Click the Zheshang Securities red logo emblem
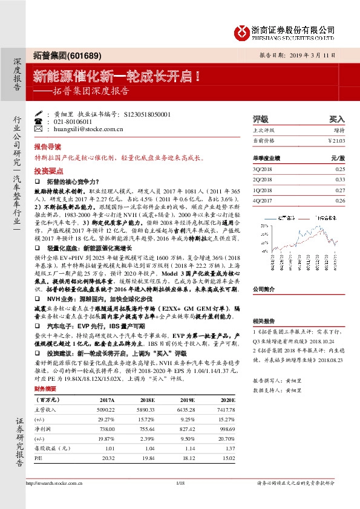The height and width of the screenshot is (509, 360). [x=242, y=31]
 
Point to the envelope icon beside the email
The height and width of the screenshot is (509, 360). [x=39, y=129]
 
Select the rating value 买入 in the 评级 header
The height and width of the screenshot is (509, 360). [x=336, y=119]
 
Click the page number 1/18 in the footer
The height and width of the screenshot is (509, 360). [x=180, y=484]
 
